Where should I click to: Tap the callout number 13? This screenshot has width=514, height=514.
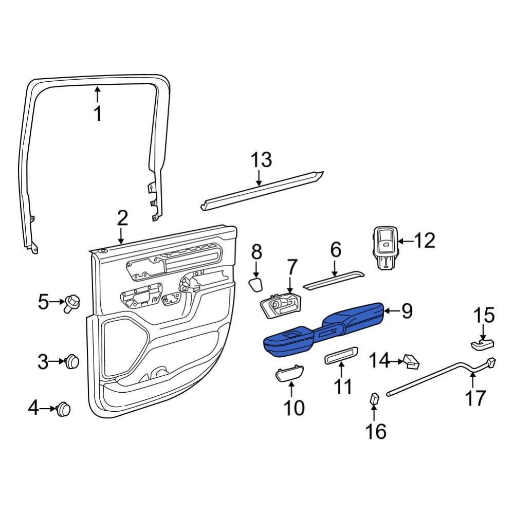(261, 160)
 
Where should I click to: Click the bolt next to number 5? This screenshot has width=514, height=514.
(71, 303)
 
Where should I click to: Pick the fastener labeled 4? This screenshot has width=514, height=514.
(64, 409)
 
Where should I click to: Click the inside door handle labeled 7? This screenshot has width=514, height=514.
(280, 307)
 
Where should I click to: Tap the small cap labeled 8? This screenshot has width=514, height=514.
(256, 284)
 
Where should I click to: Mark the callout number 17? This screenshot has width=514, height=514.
(475, 398)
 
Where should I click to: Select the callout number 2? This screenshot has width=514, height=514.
(122, 218)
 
